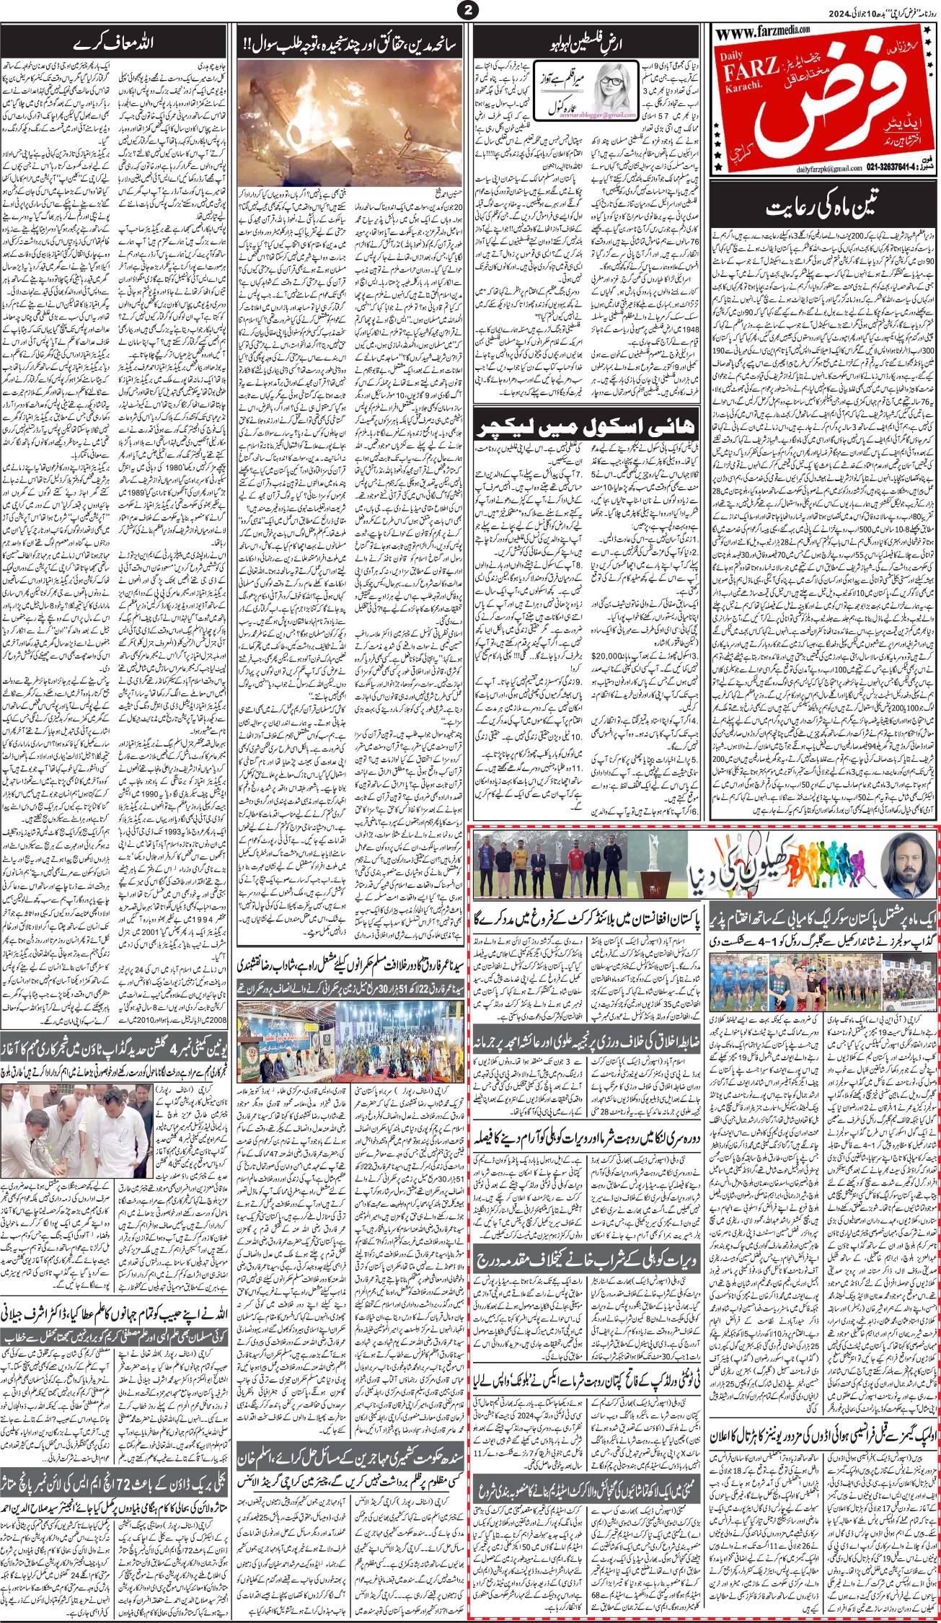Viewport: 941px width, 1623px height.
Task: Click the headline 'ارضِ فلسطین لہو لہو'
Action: click(587, 37)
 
